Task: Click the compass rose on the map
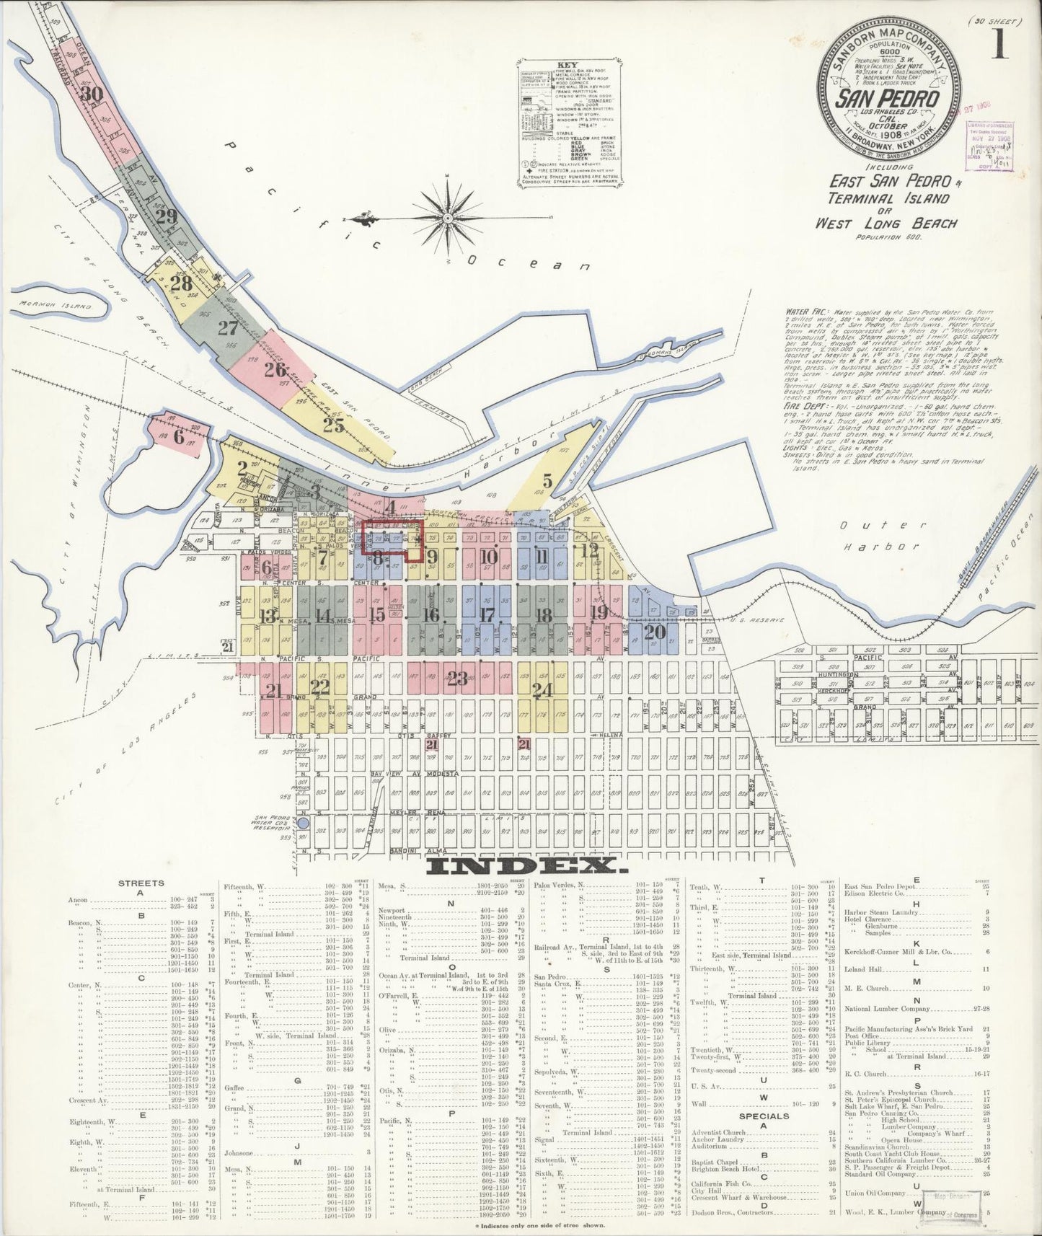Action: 447,217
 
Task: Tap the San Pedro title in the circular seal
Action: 886,99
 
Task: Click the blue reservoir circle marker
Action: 303,822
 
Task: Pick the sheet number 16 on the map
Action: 431,615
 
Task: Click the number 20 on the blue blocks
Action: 654,632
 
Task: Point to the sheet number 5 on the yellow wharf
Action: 547,480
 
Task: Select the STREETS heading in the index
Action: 141,883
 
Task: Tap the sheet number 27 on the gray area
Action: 228,329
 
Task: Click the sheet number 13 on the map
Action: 268,615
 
